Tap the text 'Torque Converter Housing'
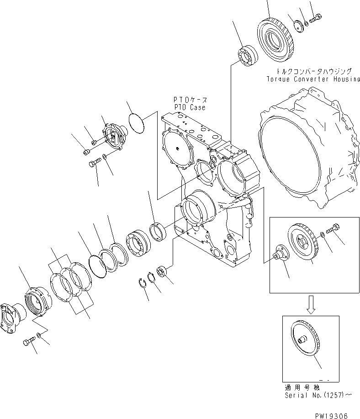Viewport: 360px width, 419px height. click(x=313, y=79)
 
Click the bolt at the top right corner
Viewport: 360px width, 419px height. click(x=315, y=20)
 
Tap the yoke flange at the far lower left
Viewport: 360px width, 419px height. click(x=11, y=317)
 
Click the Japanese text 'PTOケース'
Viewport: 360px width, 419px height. click(x=189, y=100)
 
